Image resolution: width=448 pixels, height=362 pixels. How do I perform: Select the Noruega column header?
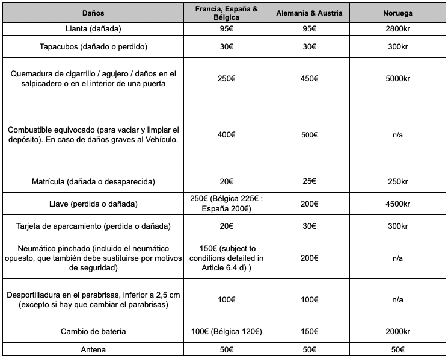pyautogui.click(x=397, y=13)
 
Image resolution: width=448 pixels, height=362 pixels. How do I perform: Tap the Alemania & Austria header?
pyautogui.click(x=309, y=13)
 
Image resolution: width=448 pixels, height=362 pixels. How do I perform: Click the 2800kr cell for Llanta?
pyautogui.click(x=397, y=29)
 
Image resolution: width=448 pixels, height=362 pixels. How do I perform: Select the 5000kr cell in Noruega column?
pyautogui.click(x=397, y=78)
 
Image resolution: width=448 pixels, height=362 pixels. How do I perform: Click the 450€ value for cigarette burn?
pyautogui.click(x=309, y=78)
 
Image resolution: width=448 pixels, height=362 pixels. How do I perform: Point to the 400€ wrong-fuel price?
pyautogui.click(x=226, y=134)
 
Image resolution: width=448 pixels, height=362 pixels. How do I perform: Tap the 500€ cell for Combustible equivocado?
pyautogui.click(x=309, y=135)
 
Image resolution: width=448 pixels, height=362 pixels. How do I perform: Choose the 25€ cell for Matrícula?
pyautogui.click(x=309, y=181)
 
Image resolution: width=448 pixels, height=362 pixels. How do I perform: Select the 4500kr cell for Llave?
pyautogui.click(x=397, y=204)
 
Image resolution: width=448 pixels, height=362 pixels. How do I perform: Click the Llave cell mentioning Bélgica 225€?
pyautogui.click(x=226, y=204)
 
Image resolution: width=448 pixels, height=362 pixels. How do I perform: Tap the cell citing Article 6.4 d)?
pyautogui.click(x=226, y=258)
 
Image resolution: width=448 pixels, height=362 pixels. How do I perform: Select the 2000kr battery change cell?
pyautogui.click(x=397, y=332)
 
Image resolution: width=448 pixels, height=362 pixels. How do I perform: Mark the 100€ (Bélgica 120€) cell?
pyautogui.click(x=226, y=332)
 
